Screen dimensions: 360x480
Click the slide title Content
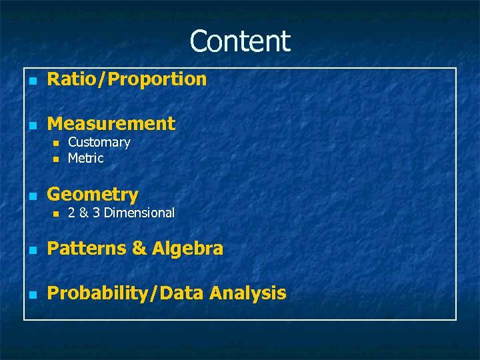click(240, 41)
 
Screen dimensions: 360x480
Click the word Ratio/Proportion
click(127, 79)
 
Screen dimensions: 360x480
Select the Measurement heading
click(111, 123)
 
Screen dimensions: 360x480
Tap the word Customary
click(99, 142)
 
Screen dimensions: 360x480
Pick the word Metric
click(85, 158)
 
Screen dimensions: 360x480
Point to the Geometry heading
click(93, 195)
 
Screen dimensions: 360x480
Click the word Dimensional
click(139, 213)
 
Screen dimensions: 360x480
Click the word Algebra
click(187, 249)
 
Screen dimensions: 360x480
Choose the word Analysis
click(247, 293)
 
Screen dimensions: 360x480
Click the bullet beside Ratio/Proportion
click(31, 81)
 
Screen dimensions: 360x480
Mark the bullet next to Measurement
click(31, 125)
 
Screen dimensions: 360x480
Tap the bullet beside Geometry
click(31, 196)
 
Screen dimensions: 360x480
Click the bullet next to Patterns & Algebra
click(31, 250)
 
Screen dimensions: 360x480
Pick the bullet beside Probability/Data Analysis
click(31, 295)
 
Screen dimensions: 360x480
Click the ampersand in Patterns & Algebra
click(139, 249)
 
